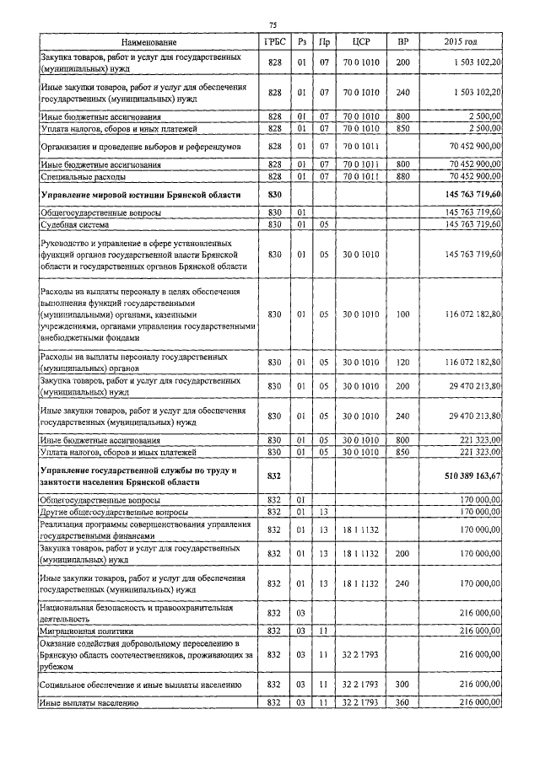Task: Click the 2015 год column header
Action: pos(460,41)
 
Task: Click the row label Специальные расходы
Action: pos(84,178)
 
